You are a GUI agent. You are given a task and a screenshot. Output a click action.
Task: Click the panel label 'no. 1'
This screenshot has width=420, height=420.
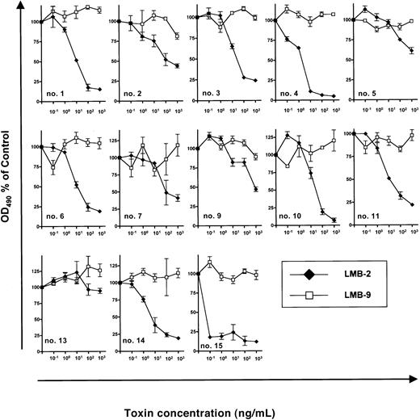56,92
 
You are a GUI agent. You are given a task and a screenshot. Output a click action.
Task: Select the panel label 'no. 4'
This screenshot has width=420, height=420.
289,92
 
